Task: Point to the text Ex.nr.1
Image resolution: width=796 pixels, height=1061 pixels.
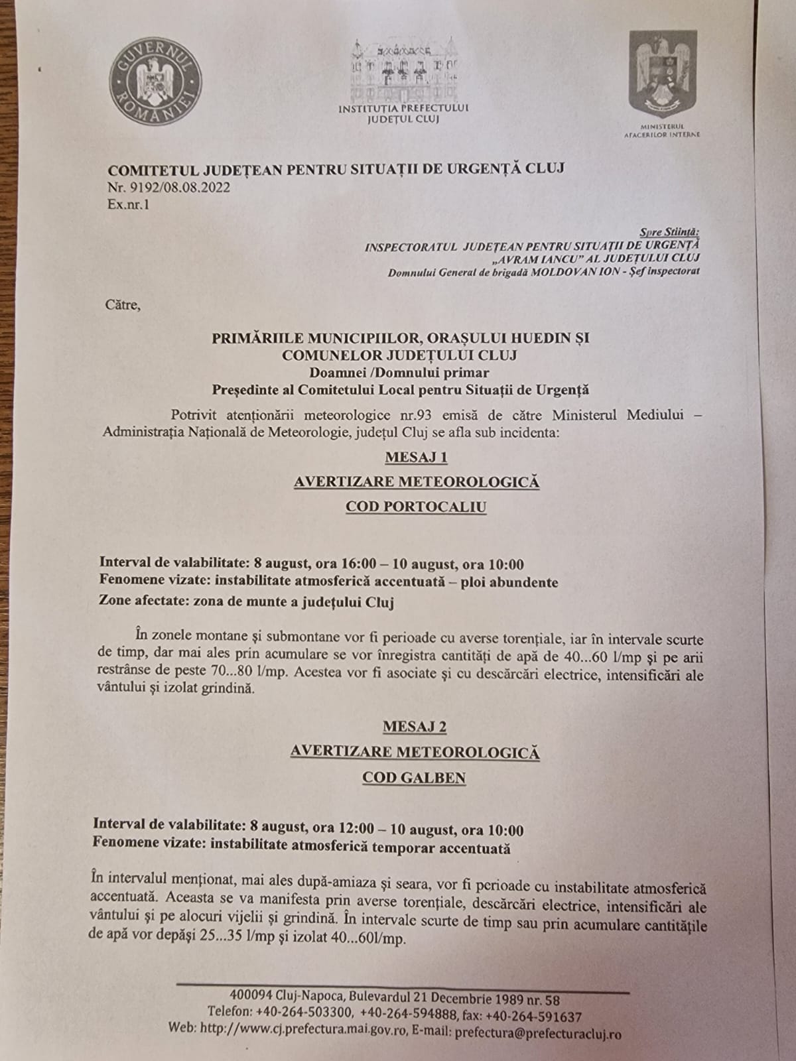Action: tap(128, 205)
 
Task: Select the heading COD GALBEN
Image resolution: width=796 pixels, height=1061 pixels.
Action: tap(414, 778)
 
